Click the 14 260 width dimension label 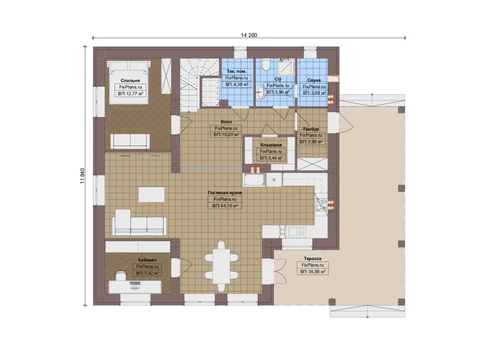[x=249, y=35]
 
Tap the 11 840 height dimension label [x=83, y=175]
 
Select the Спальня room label [x=130, y=81]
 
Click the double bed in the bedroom [x=128, y=82]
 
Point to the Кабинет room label [x=147, y=260]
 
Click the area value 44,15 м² [x=225, y=206]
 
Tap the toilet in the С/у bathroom [x=267, y=65]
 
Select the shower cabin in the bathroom [x=286, y=67]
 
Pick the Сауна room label [x=314, y=80]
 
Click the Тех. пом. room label [x=236, y=71]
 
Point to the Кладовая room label [x=271, y=145]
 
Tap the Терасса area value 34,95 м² [x=313, y=272]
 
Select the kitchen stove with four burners [x=321, y=204]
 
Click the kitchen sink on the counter [x=297, y=232]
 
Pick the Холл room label [x=226, y=122]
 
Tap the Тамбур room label [x=311, y=129]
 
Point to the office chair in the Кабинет [x=121, y=275]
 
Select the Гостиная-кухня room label [x=225, y=193]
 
